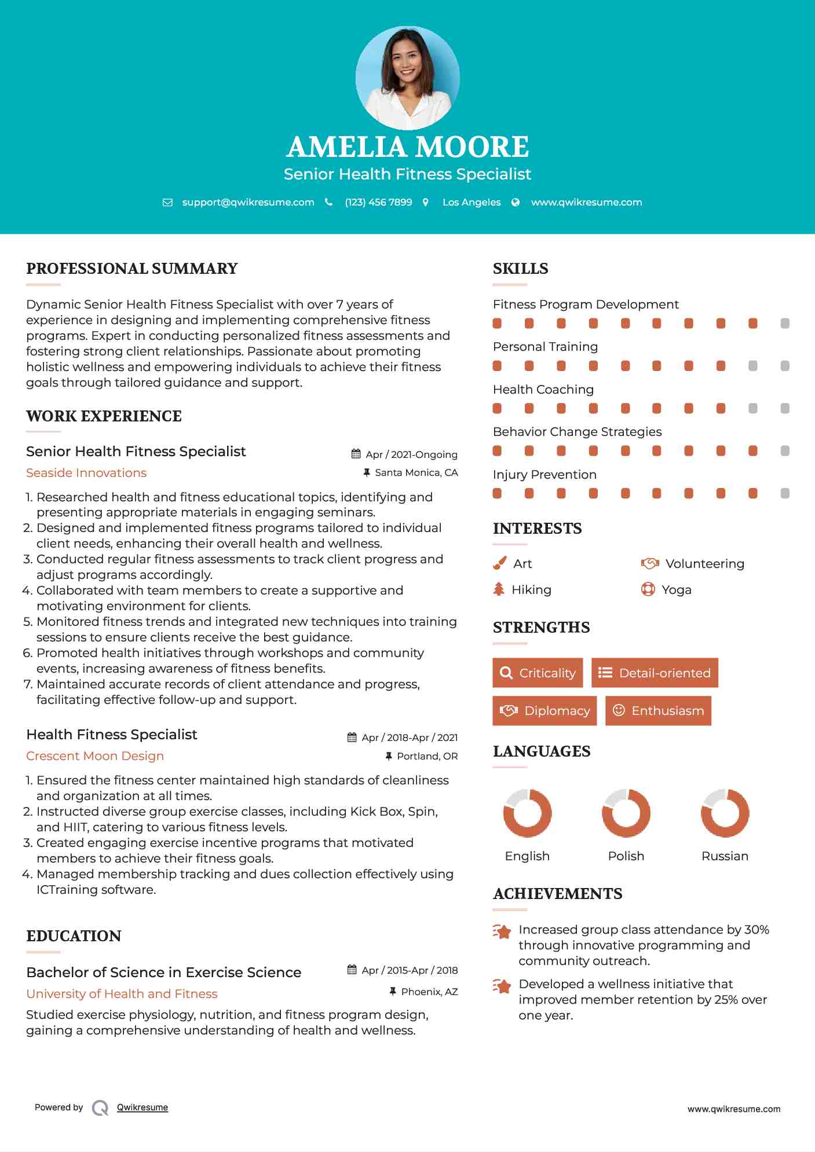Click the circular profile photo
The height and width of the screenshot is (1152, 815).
pos(407,78)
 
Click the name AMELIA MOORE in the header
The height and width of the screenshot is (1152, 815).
pos(407,147)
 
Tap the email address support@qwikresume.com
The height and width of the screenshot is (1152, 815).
pos(248,202)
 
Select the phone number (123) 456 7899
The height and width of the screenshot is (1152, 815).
pos(378,202)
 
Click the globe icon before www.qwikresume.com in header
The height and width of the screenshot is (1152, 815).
pos(516,202)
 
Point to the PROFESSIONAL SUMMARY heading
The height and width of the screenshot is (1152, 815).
pos(132,269)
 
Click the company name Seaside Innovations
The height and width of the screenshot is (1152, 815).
pos(86,473)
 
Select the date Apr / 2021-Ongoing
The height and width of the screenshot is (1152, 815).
pos(411,454)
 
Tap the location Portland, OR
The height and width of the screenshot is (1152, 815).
pos(427,756)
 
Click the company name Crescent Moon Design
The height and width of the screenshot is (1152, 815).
pos(95,756)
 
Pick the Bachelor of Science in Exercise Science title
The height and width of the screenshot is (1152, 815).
pos(164,972)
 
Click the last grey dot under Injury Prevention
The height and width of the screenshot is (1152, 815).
pos(785,493)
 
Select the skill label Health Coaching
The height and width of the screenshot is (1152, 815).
pos(543,390)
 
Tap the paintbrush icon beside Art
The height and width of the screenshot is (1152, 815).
pos(499,563)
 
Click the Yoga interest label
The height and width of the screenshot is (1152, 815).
pos(677,590)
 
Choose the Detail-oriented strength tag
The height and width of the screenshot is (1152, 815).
pos(655,673)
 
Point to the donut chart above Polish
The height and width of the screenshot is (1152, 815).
pos(626,813)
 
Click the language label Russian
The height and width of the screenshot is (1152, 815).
pos(725,856)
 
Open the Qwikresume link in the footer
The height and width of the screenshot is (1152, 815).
pos(142,1107)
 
